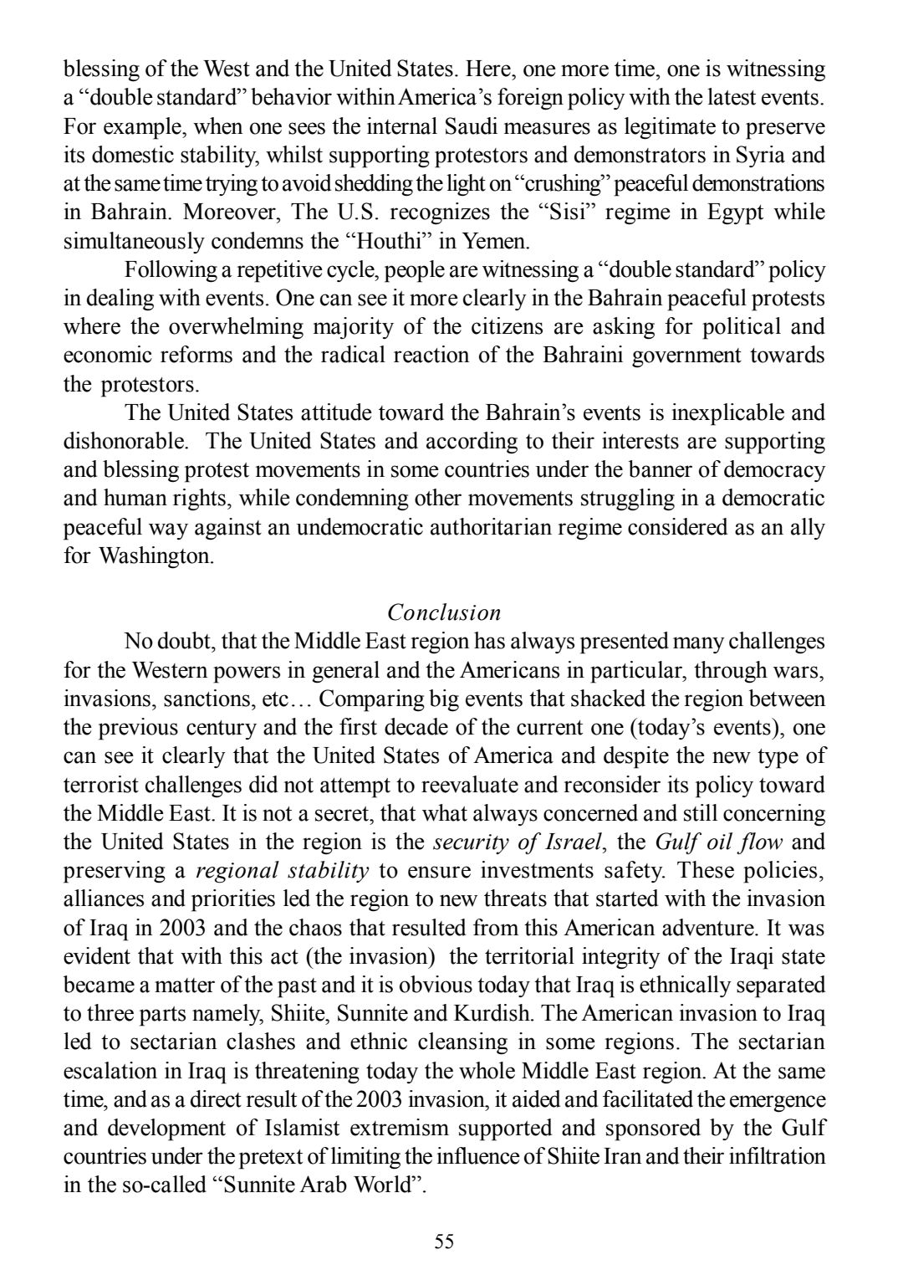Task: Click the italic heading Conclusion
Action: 444,612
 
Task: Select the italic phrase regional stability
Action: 282,871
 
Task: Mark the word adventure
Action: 727,928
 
